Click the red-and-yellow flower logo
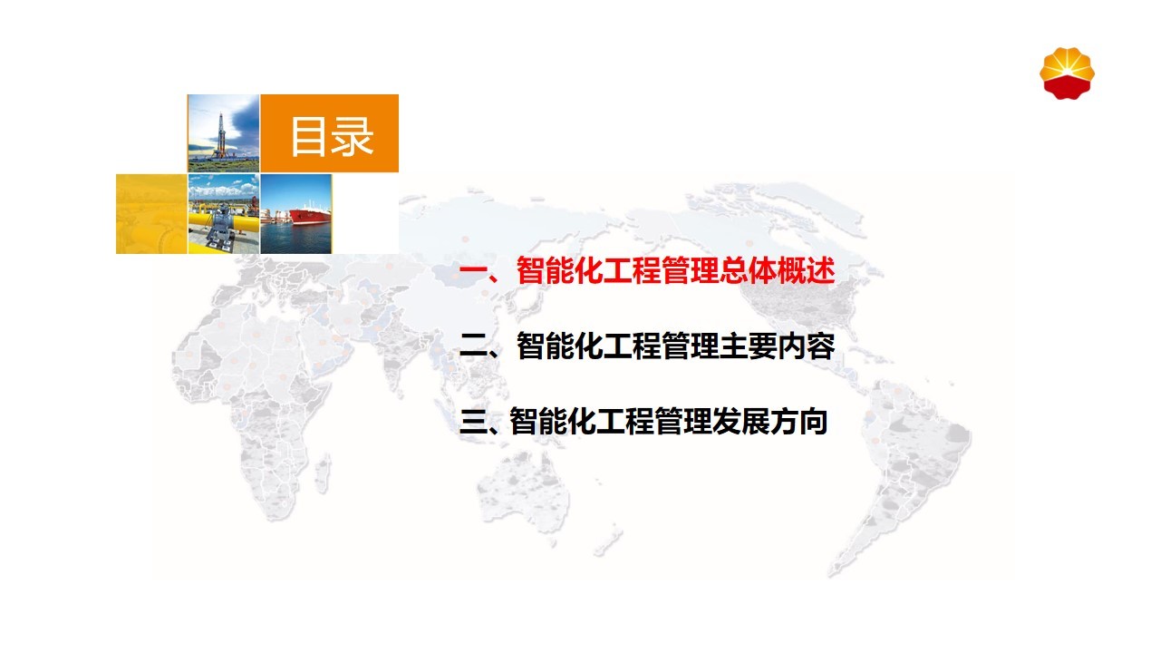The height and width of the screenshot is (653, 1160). tap(1067, 73)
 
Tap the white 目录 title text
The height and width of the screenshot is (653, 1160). tap(332, 136)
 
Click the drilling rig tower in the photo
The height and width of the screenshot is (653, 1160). tap(221, 135)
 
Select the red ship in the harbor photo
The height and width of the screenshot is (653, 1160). tap(310, 215)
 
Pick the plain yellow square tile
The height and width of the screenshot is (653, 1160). tap(151, 214)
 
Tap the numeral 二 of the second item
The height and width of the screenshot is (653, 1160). tap(473, 346)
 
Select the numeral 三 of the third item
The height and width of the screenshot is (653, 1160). tap(473, 421)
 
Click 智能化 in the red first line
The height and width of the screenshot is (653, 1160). tap(560, 270)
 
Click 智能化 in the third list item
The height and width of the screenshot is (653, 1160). tap(553, 421)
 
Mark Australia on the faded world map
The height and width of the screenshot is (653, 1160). tap(523, 492)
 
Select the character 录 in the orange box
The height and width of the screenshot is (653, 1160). tap(353, 136)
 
